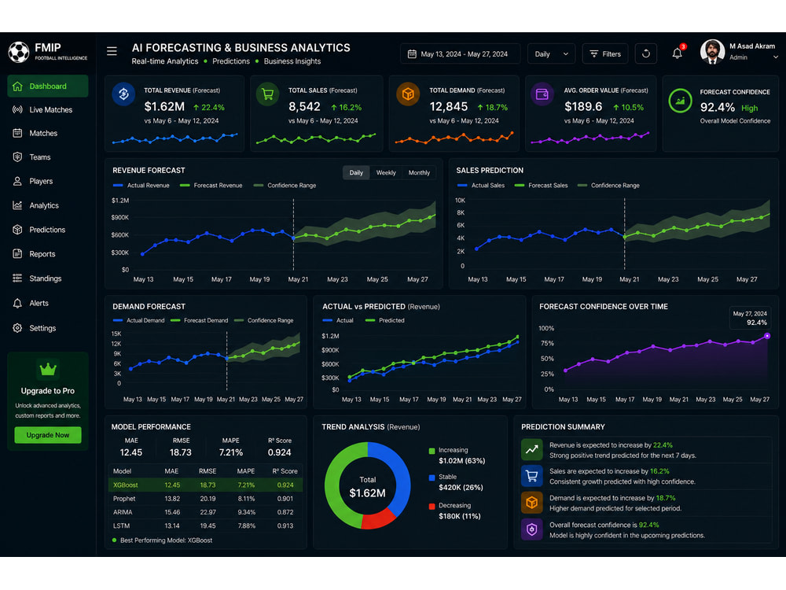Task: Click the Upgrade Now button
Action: click(48, 435)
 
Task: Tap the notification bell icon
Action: click(678, 53)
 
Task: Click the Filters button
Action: click(605, 53)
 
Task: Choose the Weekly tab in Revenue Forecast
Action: click(386, 172)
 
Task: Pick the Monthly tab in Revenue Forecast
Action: click(419, 172)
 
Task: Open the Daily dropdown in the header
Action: click(551, 53)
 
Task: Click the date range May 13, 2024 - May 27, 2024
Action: click(460, 53)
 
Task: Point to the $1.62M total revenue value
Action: click(164, 107)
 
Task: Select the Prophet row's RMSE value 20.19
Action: click(208, 499)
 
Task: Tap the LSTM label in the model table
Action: click(121, 525)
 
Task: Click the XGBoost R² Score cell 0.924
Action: click(285, 485)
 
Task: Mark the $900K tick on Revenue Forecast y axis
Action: click(120, 217)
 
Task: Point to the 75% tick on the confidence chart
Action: click(547, 344)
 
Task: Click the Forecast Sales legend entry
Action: click(542, 186)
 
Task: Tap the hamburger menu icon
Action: click(112, 51)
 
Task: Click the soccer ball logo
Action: click(19, 52)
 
